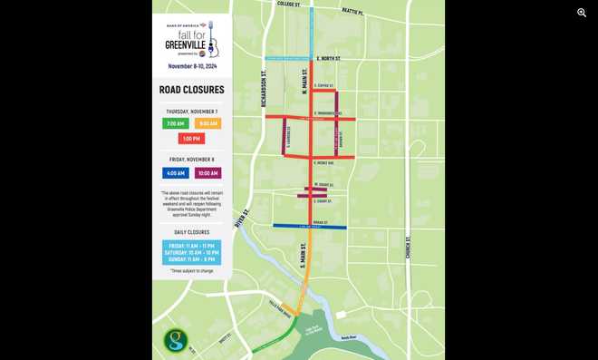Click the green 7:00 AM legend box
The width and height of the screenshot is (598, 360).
[175, 123]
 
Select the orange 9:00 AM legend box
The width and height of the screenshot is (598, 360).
[207, 123]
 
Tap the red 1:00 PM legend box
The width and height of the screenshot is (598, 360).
[191, 139]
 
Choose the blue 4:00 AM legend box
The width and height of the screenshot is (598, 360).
[175, 173]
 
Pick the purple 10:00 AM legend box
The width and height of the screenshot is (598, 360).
[207, 173]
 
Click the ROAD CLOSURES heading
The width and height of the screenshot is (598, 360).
[191, 90]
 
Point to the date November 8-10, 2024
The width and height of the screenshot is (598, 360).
[191, 66]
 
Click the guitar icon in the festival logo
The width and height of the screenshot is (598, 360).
[212, 40]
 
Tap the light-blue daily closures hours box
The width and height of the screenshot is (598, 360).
[191, 252]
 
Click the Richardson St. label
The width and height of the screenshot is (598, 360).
[264, 89]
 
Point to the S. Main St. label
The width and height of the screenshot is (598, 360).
[304, 254]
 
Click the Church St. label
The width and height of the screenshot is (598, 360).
[409, 247]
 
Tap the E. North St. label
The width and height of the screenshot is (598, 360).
[328, 58]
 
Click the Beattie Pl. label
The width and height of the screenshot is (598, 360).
[352, 12]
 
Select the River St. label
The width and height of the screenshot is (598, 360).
[241, 219]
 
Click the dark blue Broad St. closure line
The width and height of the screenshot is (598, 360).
[310, 227]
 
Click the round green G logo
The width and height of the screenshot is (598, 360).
[176, 341]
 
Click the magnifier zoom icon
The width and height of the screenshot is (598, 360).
[582, 13]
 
